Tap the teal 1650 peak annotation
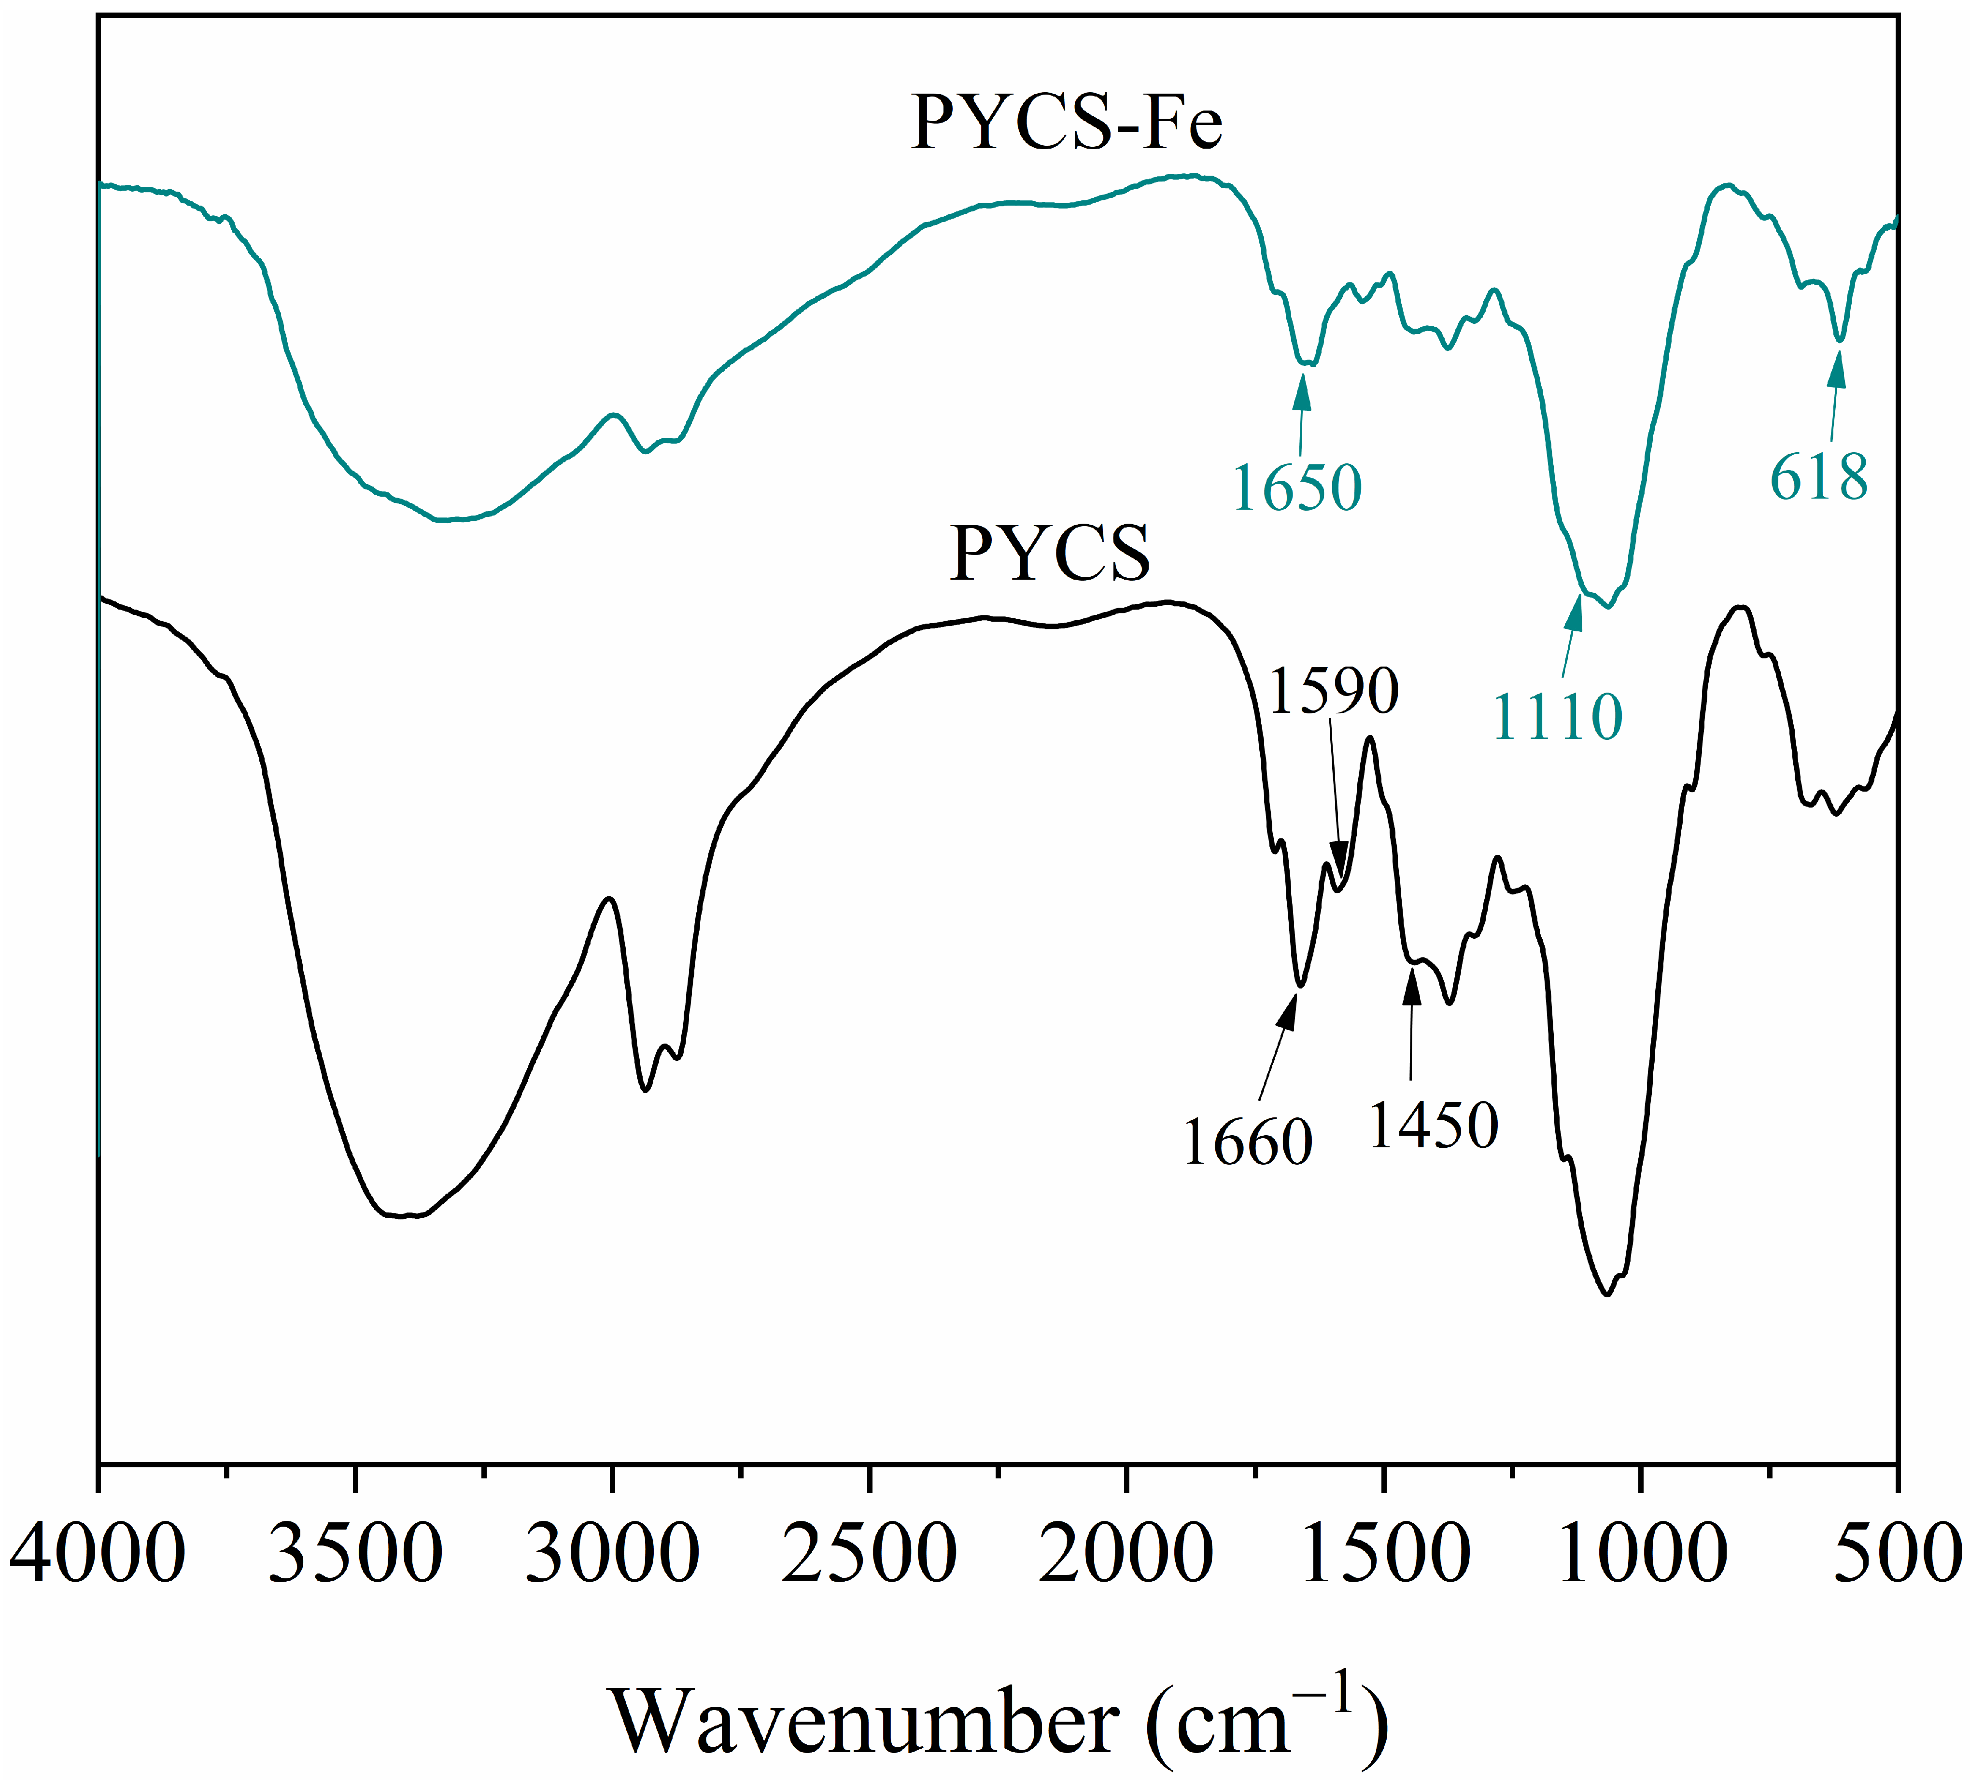(1297, 487)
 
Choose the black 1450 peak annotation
(1434, 1126)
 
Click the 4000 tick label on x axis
(98, 1553)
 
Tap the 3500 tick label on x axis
(356, 1553)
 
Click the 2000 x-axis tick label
(1126, 1553)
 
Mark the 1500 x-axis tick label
(1384, 1553)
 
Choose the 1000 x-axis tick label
(1642, 1553)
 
